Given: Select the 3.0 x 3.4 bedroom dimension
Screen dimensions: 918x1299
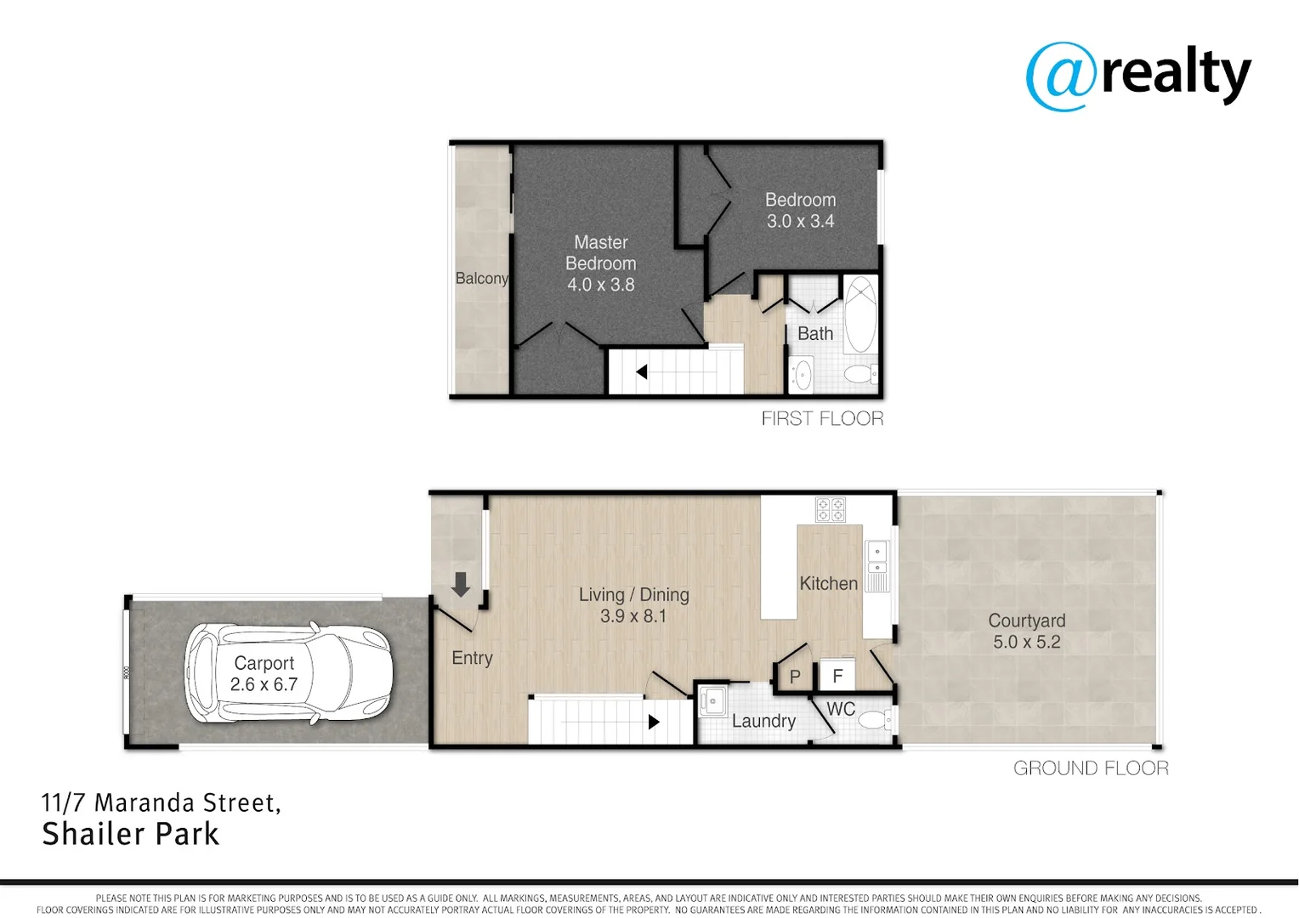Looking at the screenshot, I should click(800, 222).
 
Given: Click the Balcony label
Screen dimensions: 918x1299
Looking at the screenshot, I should click(481, 279).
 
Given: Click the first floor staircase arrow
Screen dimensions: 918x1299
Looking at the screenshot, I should click(642, 372).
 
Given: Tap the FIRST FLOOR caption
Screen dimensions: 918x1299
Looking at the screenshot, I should click(822, 418).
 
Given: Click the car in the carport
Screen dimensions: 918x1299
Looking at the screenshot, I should click(288, 673).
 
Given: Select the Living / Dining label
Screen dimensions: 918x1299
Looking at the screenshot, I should click(633, 595).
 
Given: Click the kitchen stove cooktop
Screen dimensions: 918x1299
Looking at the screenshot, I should click(830, 509).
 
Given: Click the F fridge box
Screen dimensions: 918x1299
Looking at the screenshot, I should click(837, 676).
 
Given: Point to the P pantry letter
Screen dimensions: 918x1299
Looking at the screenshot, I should click(795, 677).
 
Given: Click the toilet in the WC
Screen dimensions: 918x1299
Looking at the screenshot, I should click(876, 721).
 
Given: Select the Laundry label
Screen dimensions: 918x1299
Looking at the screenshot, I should click(763, 722).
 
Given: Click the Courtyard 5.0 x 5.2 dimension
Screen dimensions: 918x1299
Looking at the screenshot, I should click(1027, 643).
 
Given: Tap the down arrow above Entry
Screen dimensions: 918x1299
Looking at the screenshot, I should click(461, 585).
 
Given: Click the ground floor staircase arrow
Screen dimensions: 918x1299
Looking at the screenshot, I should click(653, 722).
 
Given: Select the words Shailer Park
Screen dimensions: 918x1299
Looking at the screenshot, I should click(131, 835).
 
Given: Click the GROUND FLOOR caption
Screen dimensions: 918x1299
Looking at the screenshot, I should click(1091, 768).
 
